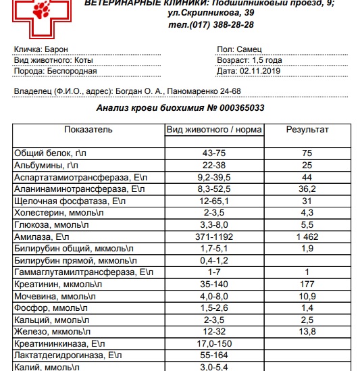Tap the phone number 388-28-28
tap(230, 24)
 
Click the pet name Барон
tap(55, 50)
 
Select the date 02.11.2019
tap(259, 70)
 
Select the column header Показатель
tap(88, 129)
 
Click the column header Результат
tap(307, 129)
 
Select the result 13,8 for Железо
tap(307, 332)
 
